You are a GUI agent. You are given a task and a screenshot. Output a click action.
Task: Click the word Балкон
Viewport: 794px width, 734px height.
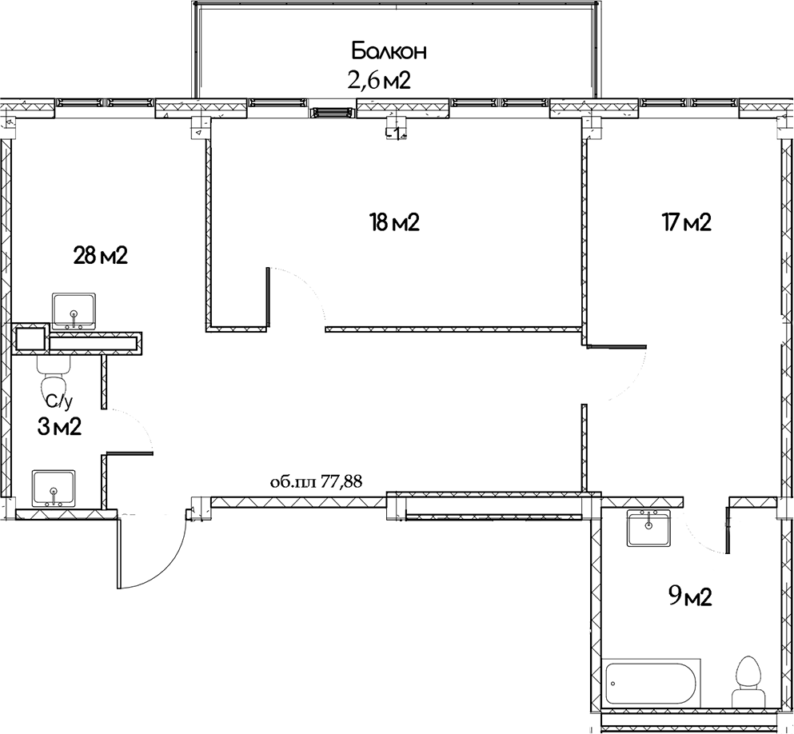click(389, 52)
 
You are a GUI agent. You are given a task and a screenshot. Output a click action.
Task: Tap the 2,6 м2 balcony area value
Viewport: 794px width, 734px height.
click(378, 80)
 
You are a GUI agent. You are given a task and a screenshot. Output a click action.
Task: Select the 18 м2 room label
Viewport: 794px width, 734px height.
click(394, 222)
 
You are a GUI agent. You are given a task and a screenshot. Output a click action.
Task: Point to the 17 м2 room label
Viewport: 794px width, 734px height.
click(685, 222)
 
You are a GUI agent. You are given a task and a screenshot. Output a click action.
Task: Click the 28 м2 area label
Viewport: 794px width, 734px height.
click(101, 256)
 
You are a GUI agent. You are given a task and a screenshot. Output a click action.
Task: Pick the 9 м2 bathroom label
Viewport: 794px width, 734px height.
click(689, 596)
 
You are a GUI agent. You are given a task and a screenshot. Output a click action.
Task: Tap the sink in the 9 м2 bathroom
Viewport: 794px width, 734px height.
click(648, 528)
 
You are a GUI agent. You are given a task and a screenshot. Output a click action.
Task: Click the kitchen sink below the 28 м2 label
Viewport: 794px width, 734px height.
click(74, 311)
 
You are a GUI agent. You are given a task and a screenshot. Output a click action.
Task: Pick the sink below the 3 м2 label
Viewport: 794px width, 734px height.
click(54, 487)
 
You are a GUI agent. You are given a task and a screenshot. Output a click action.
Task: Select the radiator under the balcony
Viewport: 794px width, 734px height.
click(333, 113)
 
